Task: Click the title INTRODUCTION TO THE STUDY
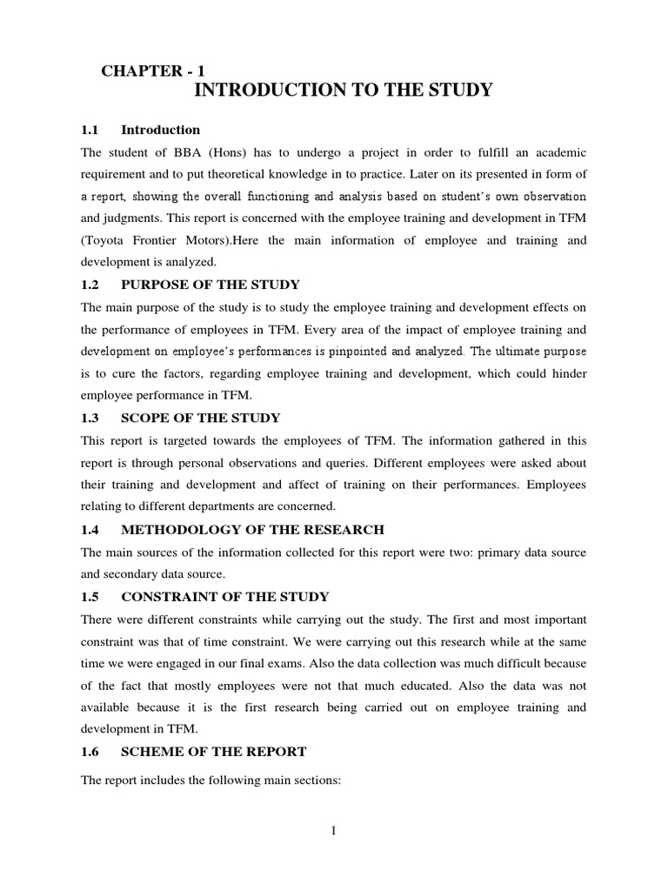(x=341, y=90)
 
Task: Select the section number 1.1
(x=90, y=131)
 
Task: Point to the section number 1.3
(x=90, y=419)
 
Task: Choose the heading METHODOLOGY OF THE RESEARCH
(x=252, y=529)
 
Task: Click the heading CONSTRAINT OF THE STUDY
(x=225, y=597)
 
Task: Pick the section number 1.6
(x=90, y=752)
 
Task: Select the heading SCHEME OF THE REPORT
(x=213, y=752)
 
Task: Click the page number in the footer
(x=333, y=831)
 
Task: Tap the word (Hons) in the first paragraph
(x=233, y=152)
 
